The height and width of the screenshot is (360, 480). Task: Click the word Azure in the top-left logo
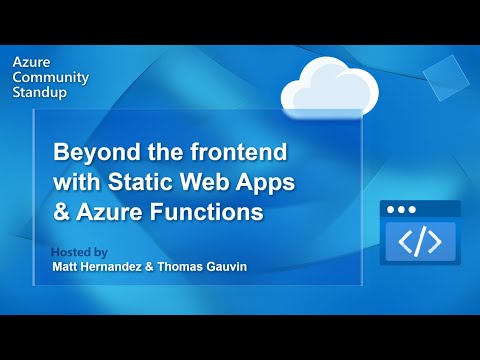(x=29, y=60)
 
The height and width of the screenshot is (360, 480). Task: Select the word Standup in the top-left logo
(x=39, y=92)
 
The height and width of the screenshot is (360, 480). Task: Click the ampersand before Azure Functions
(x=61, y=212)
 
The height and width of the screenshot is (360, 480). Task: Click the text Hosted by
(x=78, y=252)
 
